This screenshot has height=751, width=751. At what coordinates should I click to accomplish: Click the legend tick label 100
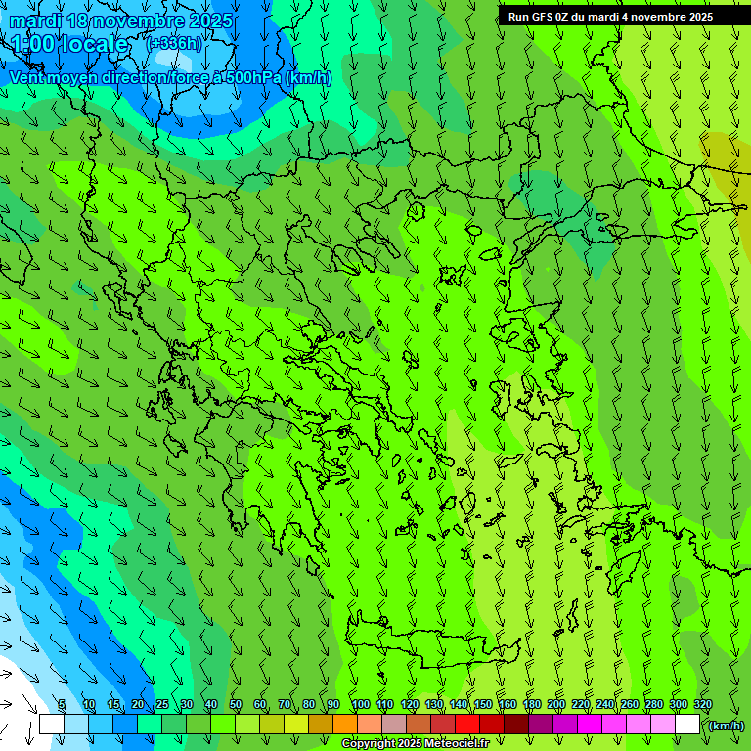[x=360, y=705]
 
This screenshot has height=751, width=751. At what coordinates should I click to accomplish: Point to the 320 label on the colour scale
[x=702, y=705]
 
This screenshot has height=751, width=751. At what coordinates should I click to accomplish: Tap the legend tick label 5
[x=62, y=705]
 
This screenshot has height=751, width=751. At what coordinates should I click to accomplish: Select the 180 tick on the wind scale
[x=532, y=705]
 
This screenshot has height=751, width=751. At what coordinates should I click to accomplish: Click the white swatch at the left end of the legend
[x=51, y=725]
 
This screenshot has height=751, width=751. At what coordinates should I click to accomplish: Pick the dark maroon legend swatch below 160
[x=516, y=725]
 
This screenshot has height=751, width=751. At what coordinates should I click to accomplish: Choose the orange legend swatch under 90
[x=345, y=725]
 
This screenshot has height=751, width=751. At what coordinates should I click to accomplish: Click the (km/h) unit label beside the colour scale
[x=726, y=726]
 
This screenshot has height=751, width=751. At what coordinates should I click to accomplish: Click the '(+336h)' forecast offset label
[x=173, y=43]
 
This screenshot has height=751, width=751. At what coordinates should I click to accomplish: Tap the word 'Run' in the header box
[x=518, y=17]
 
